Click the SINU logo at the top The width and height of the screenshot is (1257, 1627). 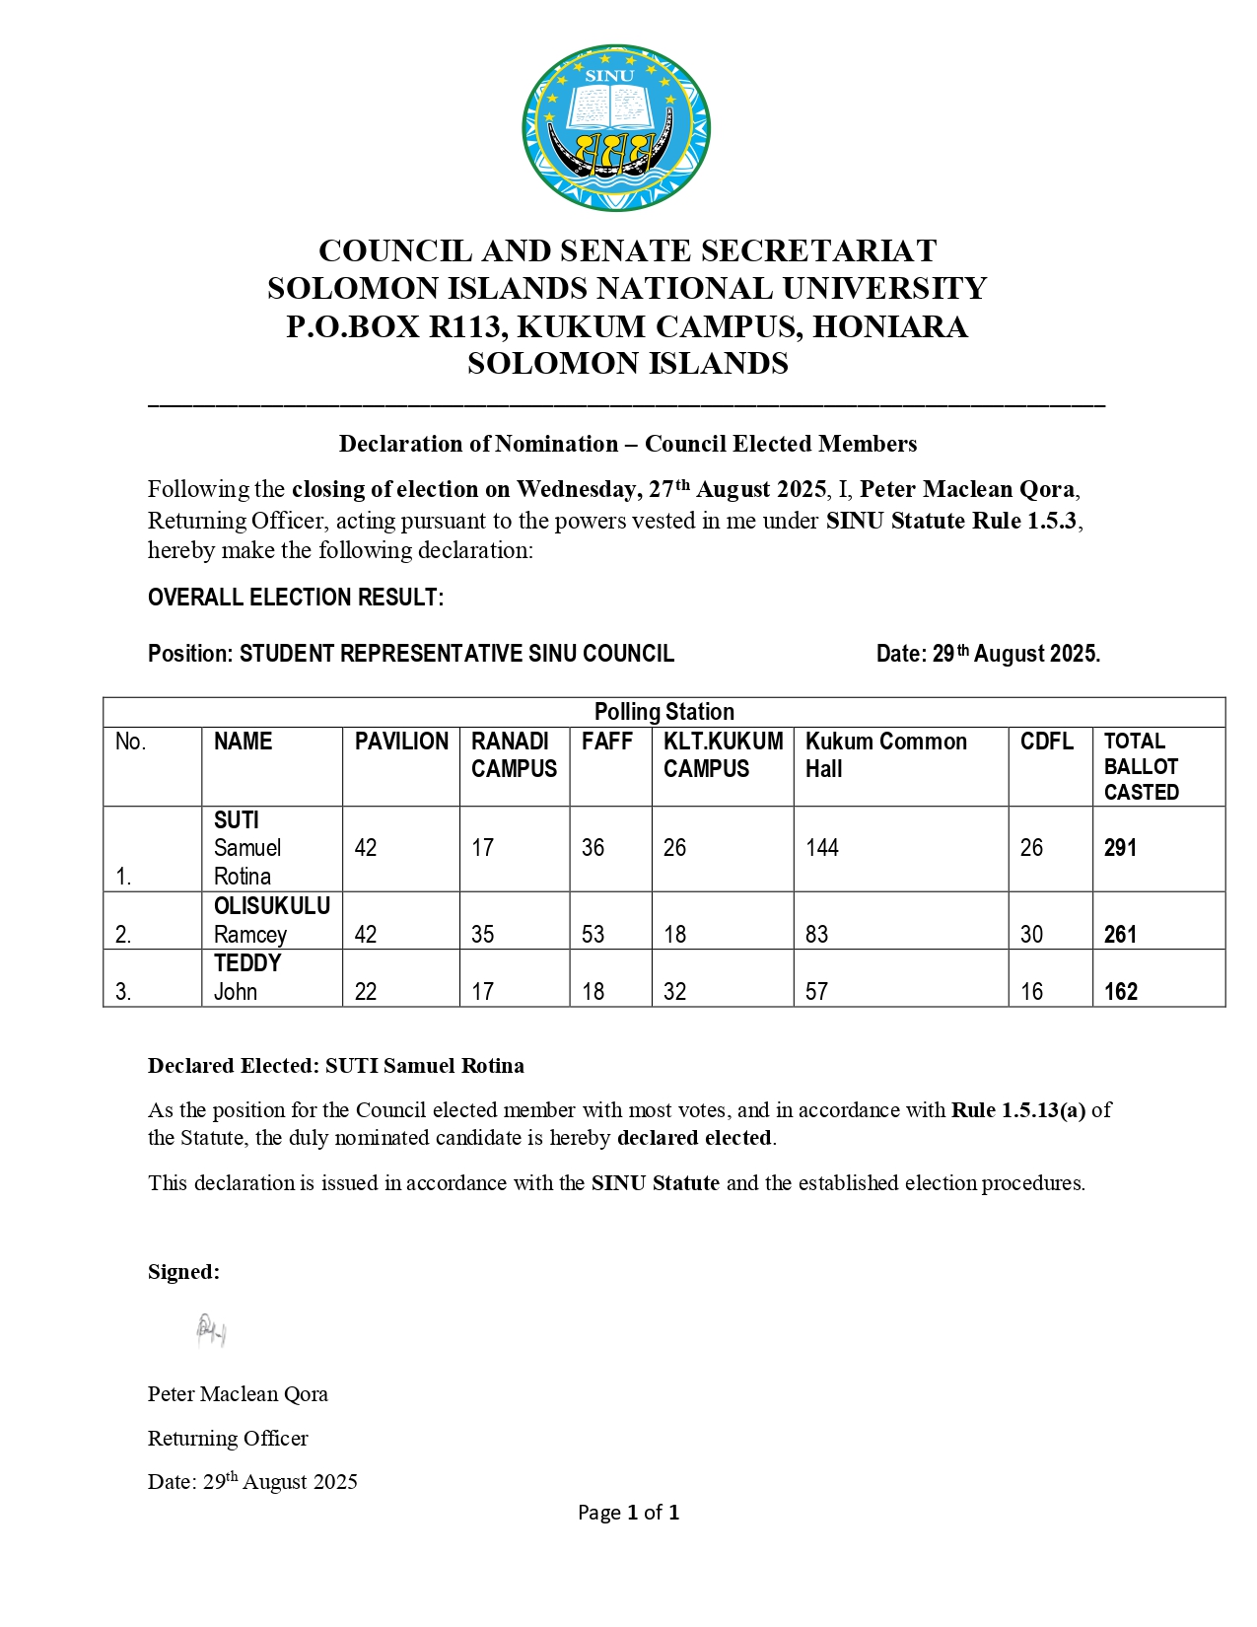(616, 127)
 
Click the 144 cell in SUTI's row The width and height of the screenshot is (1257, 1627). (821, 848)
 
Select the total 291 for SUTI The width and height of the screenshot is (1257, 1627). (1120, 848)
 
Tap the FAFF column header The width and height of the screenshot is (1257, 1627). (606, 742)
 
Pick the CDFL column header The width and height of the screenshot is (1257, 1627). (1046, 742)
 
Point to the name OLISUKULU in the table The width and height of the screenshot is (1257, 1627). (271, 906)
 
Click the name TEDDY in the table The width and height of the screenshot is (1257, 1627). (247, 963)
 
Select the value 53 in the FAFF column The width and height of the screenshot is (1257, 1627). (593, 934)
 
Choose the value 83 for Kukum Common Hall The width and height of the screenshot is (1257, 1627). (816, 934)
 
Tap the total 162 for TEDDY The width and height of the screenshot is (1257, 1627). (1120, 992)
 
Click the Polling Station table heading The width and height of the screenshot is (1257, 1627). (663, 712)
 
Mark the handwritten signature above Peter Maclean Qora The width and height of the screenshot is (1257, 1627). (211, 1331)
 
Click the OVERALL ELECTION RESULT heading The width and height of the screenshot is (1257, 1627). (296, 598)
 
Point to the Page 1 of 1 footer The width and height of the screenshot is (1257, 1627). (628, 1513)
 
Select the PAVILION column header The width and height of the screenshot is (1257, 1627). (401, 742)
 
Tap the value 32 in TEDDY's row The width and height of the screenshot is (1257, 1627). (674, 992)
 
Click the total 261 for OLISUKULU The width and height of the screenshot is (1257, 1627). (1120, 934)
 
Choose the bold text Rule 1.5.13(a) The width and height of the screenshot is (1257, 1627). (1017, 1110)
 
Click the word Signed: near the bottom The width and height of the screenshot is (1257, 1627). (183, 1272)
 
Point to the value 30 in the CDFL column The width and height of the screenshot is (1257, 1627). (1031, 934)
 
